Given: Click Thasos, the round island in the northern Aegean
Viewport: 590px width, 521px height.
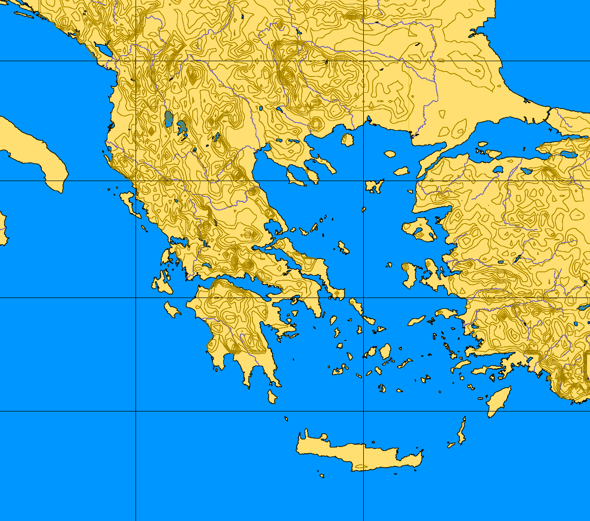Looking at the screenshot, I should [x=347, y=140].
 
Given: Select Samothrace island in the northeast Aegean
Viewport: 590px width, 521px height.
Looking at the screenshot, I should [x=390, y=154].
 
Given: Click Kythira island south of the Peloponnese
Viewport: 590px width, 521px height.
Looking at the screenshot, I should [x=272, y=396].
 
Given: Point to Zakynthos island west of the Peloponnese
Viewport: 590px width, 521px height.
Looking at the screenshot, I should [x=172, y=310].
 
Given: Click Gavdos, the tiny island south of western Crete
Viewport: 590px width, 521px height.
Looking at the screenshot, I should [x=321, y=476].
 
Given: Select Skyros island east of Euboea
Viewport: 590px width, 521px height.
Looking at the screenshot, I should [x=344, y=247].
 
